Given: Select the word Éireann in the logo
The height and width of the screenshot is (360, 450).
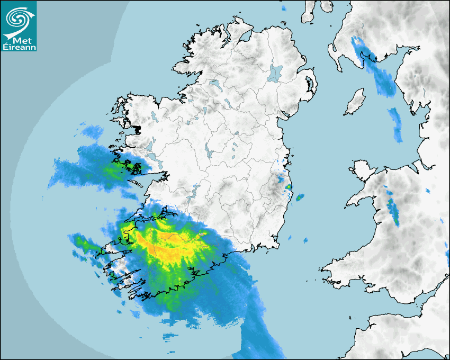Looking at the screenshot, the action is click(19, 47).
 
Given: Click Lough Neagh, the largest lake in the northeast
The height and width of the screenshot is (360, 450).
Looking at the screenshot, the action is click(275, 73).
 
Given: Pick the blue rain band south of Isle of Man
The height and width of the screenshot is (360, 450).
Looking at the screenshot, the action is click(395, 124).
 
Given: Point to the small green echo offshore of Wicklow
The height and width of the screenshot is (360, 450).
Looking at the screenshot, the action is click(300, 197).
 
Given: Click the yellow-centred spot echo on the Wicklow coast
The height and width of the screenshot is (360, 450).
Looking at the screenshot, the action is click(288, 187).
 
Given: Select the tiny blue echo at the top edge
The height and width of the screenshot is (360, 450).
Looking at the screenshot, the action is click(283, 8).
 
